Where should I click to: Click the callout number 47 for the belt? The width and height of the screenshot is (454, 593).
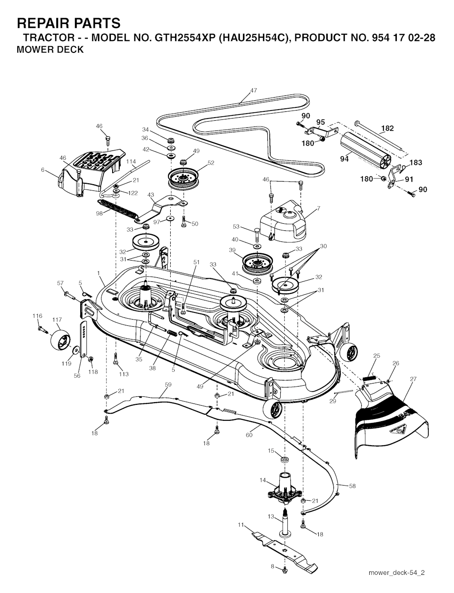[254, 91]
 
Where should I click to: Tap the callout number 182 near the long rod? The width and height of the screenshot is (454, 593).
[387, 128]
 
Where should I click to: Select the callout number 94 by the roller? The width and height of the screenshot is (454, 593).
[344, 159]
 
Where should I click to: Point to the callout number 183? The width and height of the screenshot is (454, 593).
[415, 162]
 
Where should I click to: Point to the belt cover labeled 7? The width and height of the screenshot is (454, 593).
[284, 221]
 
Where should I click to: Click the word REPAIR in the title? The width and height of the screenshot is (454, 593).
[43, 23]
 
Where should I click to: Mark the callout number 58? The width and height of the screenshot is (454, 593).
[352, 493]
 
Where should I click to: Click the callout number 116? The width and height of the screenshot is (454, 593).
[37, 316]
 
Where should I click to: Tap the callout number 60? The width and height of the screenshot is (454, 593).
[249, 435]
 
